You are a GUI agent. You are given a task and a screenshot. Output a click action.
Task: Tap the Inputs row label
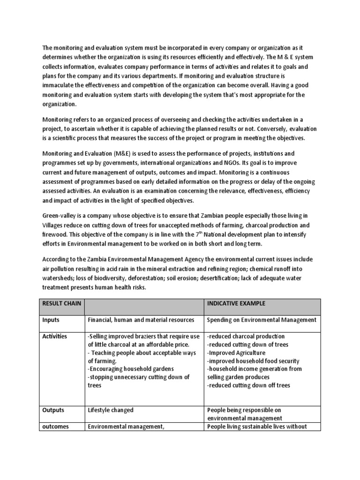(51, 320)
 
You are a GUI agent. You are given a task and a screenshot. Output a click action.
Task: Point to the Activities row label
(55, 337)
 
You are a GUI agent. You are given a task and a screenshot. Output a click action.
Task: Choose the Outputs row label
(53, 410)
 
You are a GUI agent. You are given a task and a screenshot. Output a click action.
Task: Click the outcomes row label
(56, 427)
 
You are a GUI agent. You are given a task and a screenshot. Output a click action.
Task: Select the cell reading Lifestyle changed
(111, 410)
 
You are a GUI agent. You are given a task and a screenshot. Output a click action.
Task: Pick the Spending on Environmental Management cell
(262, 320)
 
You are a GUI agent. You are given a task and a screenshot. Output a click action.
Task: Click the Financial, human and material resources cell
(141, 320)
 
